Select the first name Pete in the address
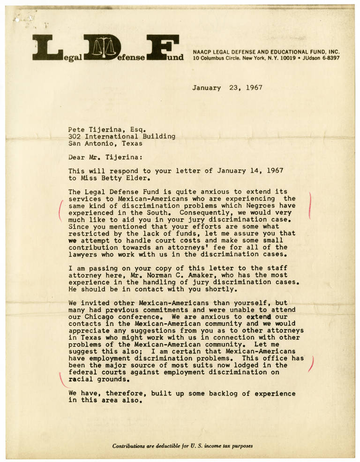click(76, 129)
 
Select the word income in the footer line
click(207, 446)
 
